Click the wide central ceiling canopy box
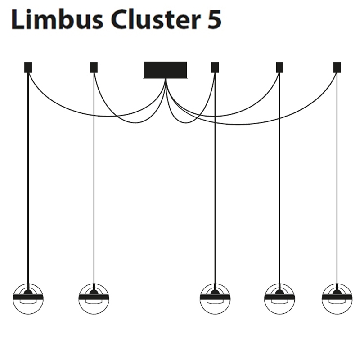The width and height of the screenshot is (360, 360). point(165,70)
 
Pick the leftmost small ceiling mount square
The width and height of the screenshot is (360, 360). point(28,67)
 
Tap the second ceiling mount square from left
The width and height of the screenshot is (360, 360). point(94,67)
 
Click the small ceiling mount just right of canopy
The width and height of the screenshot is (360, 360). point(215,67)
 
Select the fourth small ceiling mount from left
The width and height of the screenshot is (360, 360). point(279,67)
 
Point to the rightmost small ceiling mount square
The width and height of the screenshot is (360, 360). point(337,67)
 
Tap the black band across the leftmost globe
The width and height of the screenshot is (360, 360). point(28,297)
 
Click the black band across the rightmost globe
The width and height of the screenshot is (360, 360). point(337,297)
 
